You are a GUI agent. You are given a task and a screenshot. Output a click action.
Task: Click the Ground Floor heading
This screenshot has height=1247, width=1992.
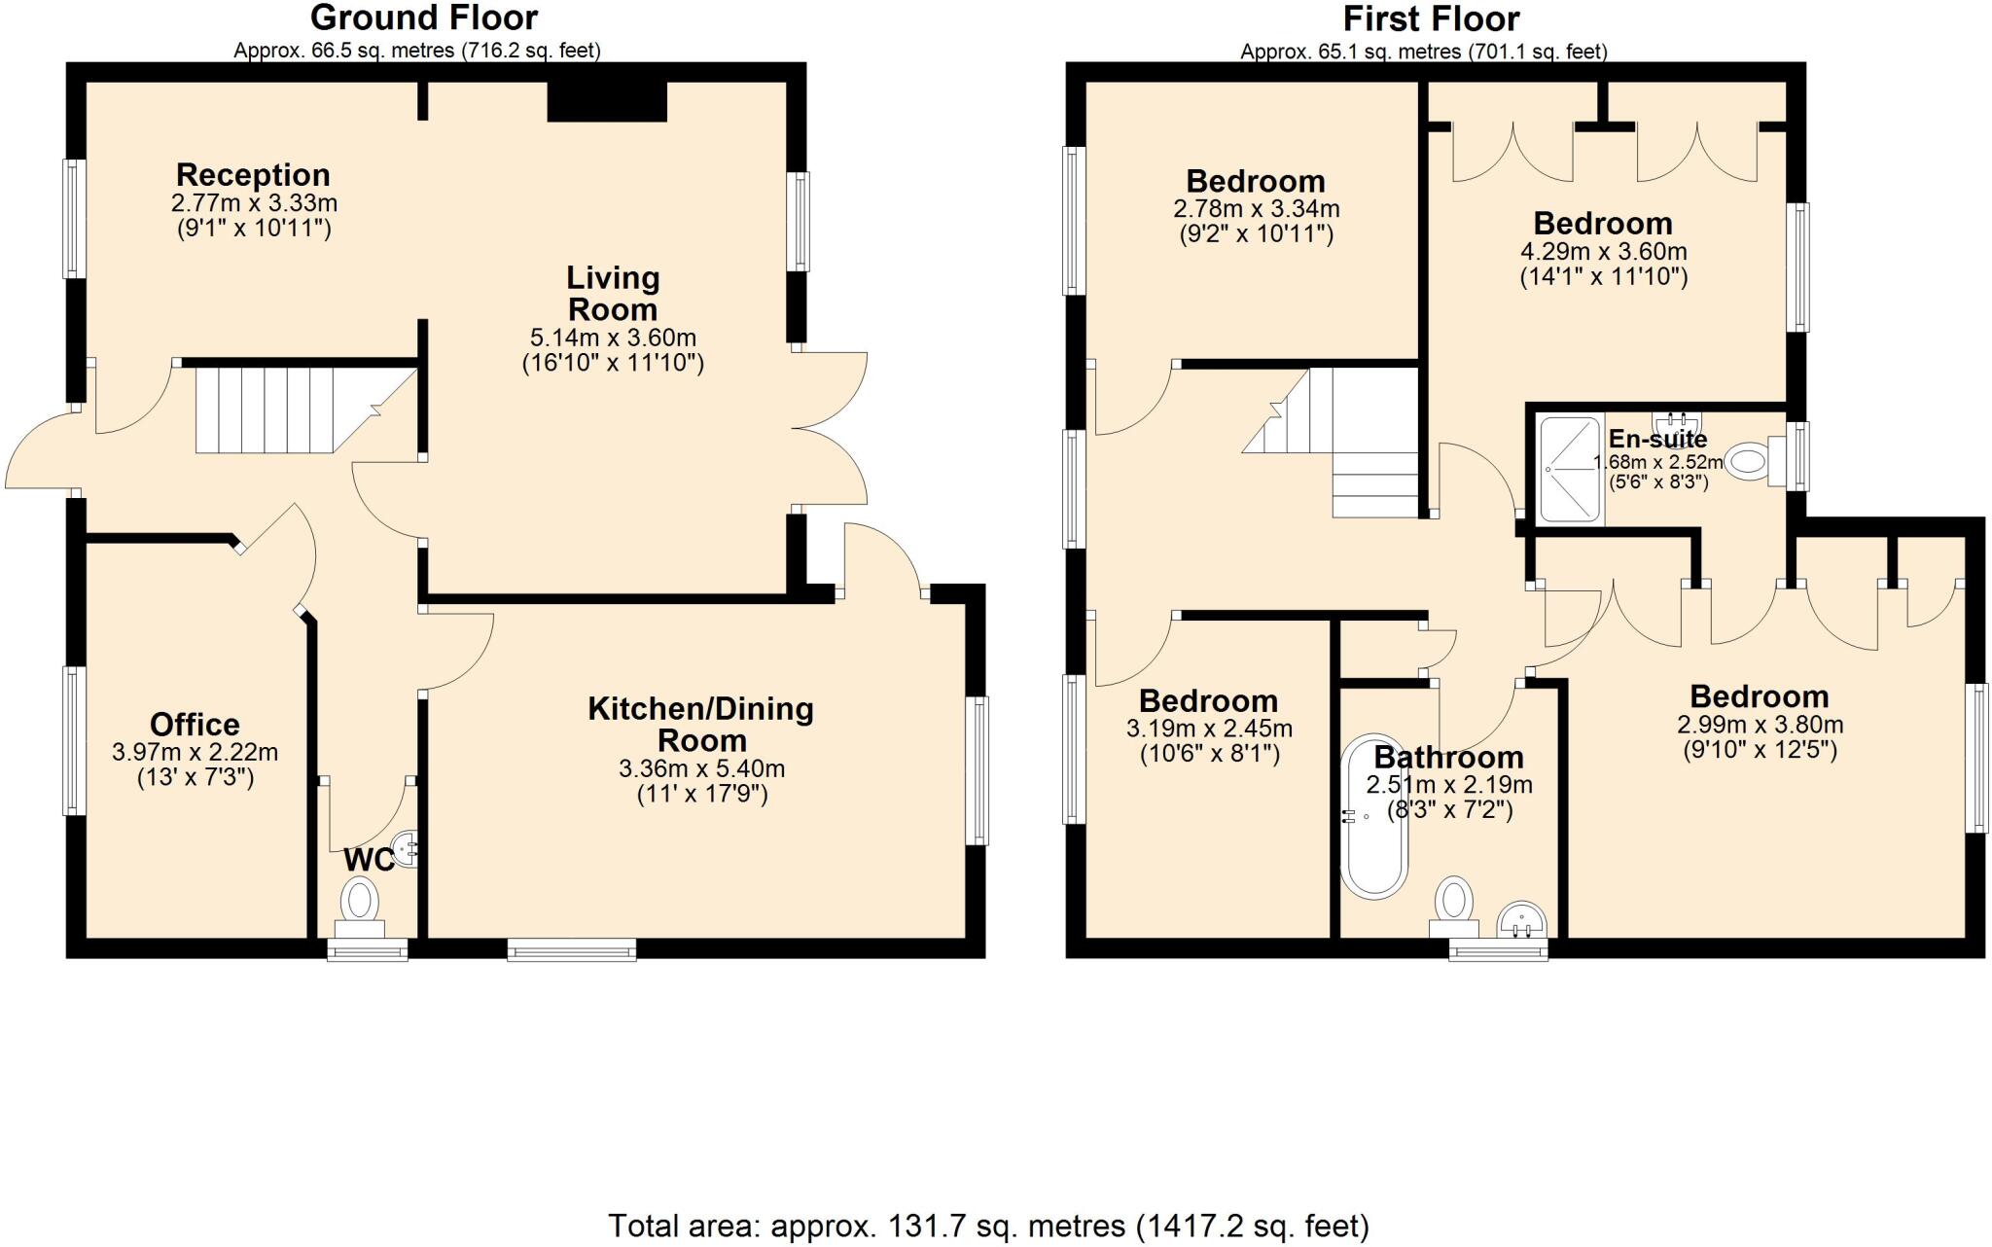(x=424, y=18)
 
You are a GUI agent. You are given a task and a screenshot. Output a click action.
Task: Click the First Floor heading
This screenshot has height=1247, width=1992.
(x=1432, y=18)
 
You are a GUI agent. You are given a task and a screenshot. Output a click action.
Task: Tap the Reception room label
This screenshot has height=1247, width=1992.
(x=253, y=175)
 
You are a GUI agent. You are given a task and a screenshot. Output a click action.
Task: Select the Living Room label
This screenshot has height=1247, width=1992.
(x=613, y=294)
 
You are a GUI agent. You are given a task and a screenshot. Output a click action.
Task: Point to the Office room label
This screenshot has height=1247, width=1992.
(x=195, y=725)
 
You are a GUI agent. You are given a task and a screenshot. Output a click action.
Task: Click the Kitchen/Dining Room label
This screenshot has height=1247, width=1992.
(x=700, y=725)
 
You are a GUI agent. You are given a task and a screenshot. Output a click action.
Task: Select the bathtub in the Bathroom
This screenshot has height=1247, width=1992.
(x=1373, y=815)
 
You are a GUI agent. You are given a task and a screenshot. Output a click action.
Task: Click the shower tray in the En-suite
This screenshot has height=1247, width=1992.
(x=1570, y=469)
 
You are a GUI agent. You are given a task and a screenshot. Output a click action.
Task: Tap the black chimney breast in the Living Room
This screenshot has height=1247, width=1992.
(x=607, y=101)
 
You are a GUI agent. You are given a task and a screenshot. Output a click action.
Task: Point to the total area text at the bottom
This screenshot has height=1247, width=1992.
(x=988, y=1226)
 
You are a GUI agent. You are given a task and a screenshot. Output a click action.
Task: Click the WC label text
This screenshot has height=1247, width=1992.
(x=370, y=860)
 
